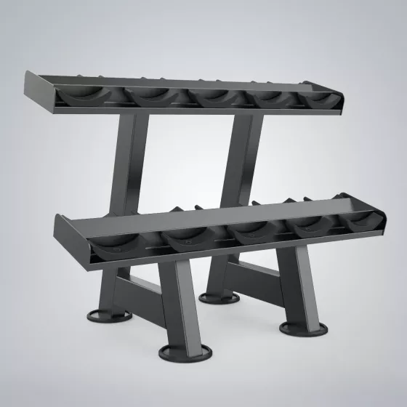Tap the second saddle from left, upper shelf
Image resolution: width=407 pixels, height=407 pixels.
[x=150, y=96]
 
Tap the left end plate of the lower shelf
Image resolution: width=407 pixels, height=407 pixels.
[x=72, y=240]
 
